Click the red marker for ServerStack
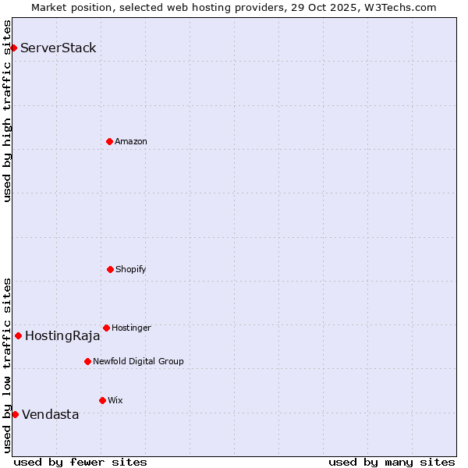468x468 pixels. tap(13, 48)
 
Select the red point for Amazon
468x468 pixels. tap(109, 141)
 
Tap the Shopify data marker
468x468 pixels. tap(110, 269)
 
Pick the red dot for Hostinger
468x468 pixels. tap(106, 328)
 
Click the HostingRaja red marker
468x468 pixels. tap(18, 336)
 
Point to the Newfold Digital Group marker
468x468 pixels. tap(87, 361)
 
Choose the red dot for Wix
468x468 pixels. tap(102, 400)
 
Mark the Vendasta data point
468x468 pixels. tap(15, 414)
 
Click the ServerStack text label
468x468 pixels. tap(58, 48)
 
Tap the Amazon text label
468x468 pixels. tap(131, 141)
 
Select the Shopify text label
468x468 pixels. tap(131, 269)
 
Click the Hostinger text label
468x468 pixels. tap(131, 328)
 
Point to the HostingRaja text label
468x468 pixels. tap(62, 336)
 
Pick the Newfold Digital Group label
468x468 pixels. tap(138, 361)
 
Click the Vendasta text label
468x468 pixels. tap(50, 414)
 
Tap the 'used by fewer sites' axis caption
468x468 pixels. tap(80, 462)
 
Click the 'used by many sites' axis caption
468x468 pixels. tap(392, 462)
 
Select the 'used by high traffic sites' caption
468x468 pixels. tap(8, 111)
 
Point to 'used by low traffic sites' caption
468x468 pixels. tap(8, 364)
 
